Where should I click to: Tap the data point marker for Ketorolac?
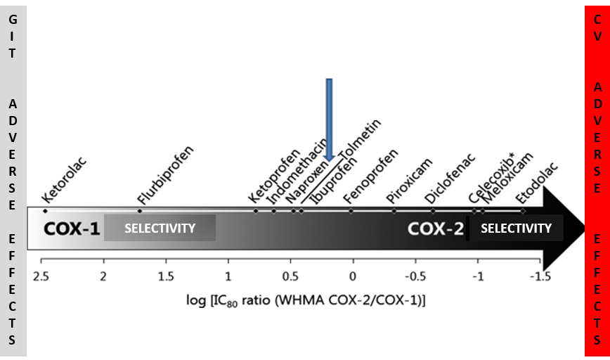point(45,211)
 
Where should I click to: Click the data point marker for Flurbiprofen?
point(140,211)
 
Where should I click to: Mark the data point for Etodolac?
point(523,211)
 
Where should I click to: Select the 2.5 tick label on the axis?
point(41,275)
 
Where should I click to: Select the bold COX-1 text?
point(72,229)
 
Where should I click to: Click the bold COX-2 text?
point(436,229)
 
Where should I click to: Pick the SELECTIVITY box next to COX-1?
point(160,229)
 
